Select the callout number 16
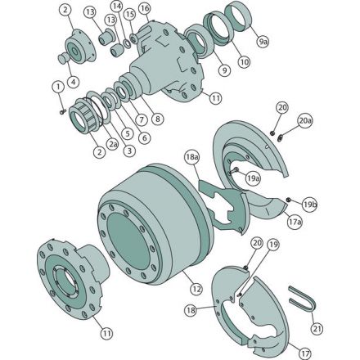coord(145,8)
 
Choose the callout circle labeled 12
coord(196,289)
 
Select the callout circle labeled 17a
coord(294,220)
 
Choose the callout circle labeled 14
coord(115,6)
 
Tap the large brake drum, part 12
coord(155,221)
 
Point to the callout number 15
coord(129,15)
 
